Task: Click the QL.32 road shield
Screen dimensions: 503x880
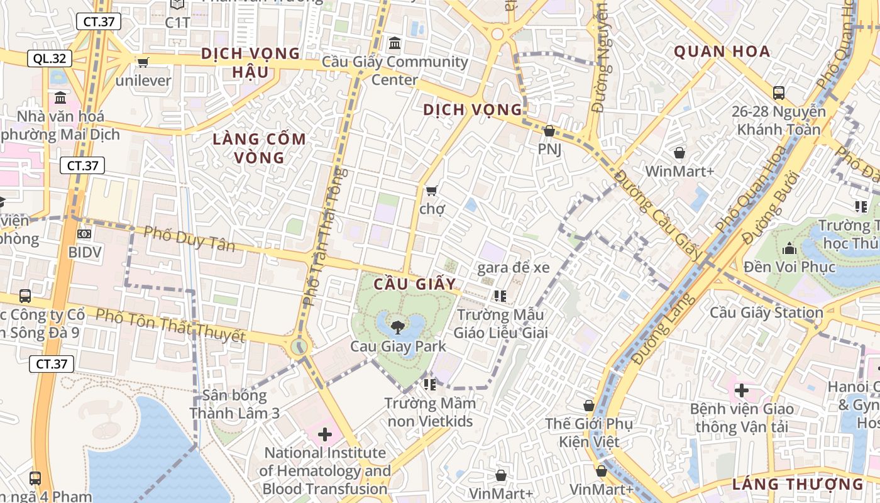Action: click(x=50, y=58)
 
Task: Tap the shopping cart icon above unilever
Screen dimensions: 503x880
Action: click(x=143, y=62)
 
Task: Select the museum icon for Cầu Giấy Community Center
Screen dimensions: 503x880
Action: click(x=395, y=43)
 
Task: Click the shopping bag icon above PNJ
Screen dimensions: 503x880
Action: click(x=549, y=131)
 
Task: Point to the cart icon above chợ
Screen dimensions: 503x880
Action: click(x=431, y=190)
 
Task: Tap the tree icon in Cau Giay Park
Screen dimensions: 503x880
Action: click(x=397, y=326)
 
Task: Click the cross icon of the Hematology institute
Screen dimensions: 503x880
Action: click(x=324, y=434)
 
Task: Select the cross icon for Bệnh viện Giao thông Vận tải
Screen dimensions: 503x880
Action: click(x=742, y=390)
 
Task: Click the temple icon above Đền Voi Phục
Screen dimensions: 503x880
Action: click(x=789, y=248)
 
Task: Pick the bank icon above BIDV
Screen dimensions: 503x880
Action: click(x=84, y=234)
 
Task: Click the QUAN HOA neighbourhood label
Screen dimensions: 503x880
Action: click(x=722, y=52)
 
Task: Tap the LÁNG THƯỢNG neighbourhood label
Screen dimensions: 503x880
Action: click(x=798, y=484)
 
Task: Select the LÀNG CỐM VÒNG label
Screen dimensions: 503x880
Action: click(x=259, y=148)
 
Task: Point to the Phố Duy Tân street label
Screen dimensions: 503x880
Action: click(x=189, y=238)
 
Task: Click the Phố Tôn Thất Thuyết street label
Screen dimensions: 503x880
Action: click(x=170, y=324)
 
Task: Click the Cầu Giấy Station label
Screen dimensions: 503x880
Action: click(x=766, y=312)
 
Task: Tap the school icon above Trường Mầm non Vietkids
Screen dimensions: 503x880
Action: click(x=430, y=384)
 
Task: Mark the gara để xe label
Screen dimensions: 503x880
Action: click(x=514, y=268)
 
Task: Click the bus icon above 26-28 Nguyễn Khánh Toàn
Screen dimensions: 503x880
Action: click(x=779, y=93)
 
